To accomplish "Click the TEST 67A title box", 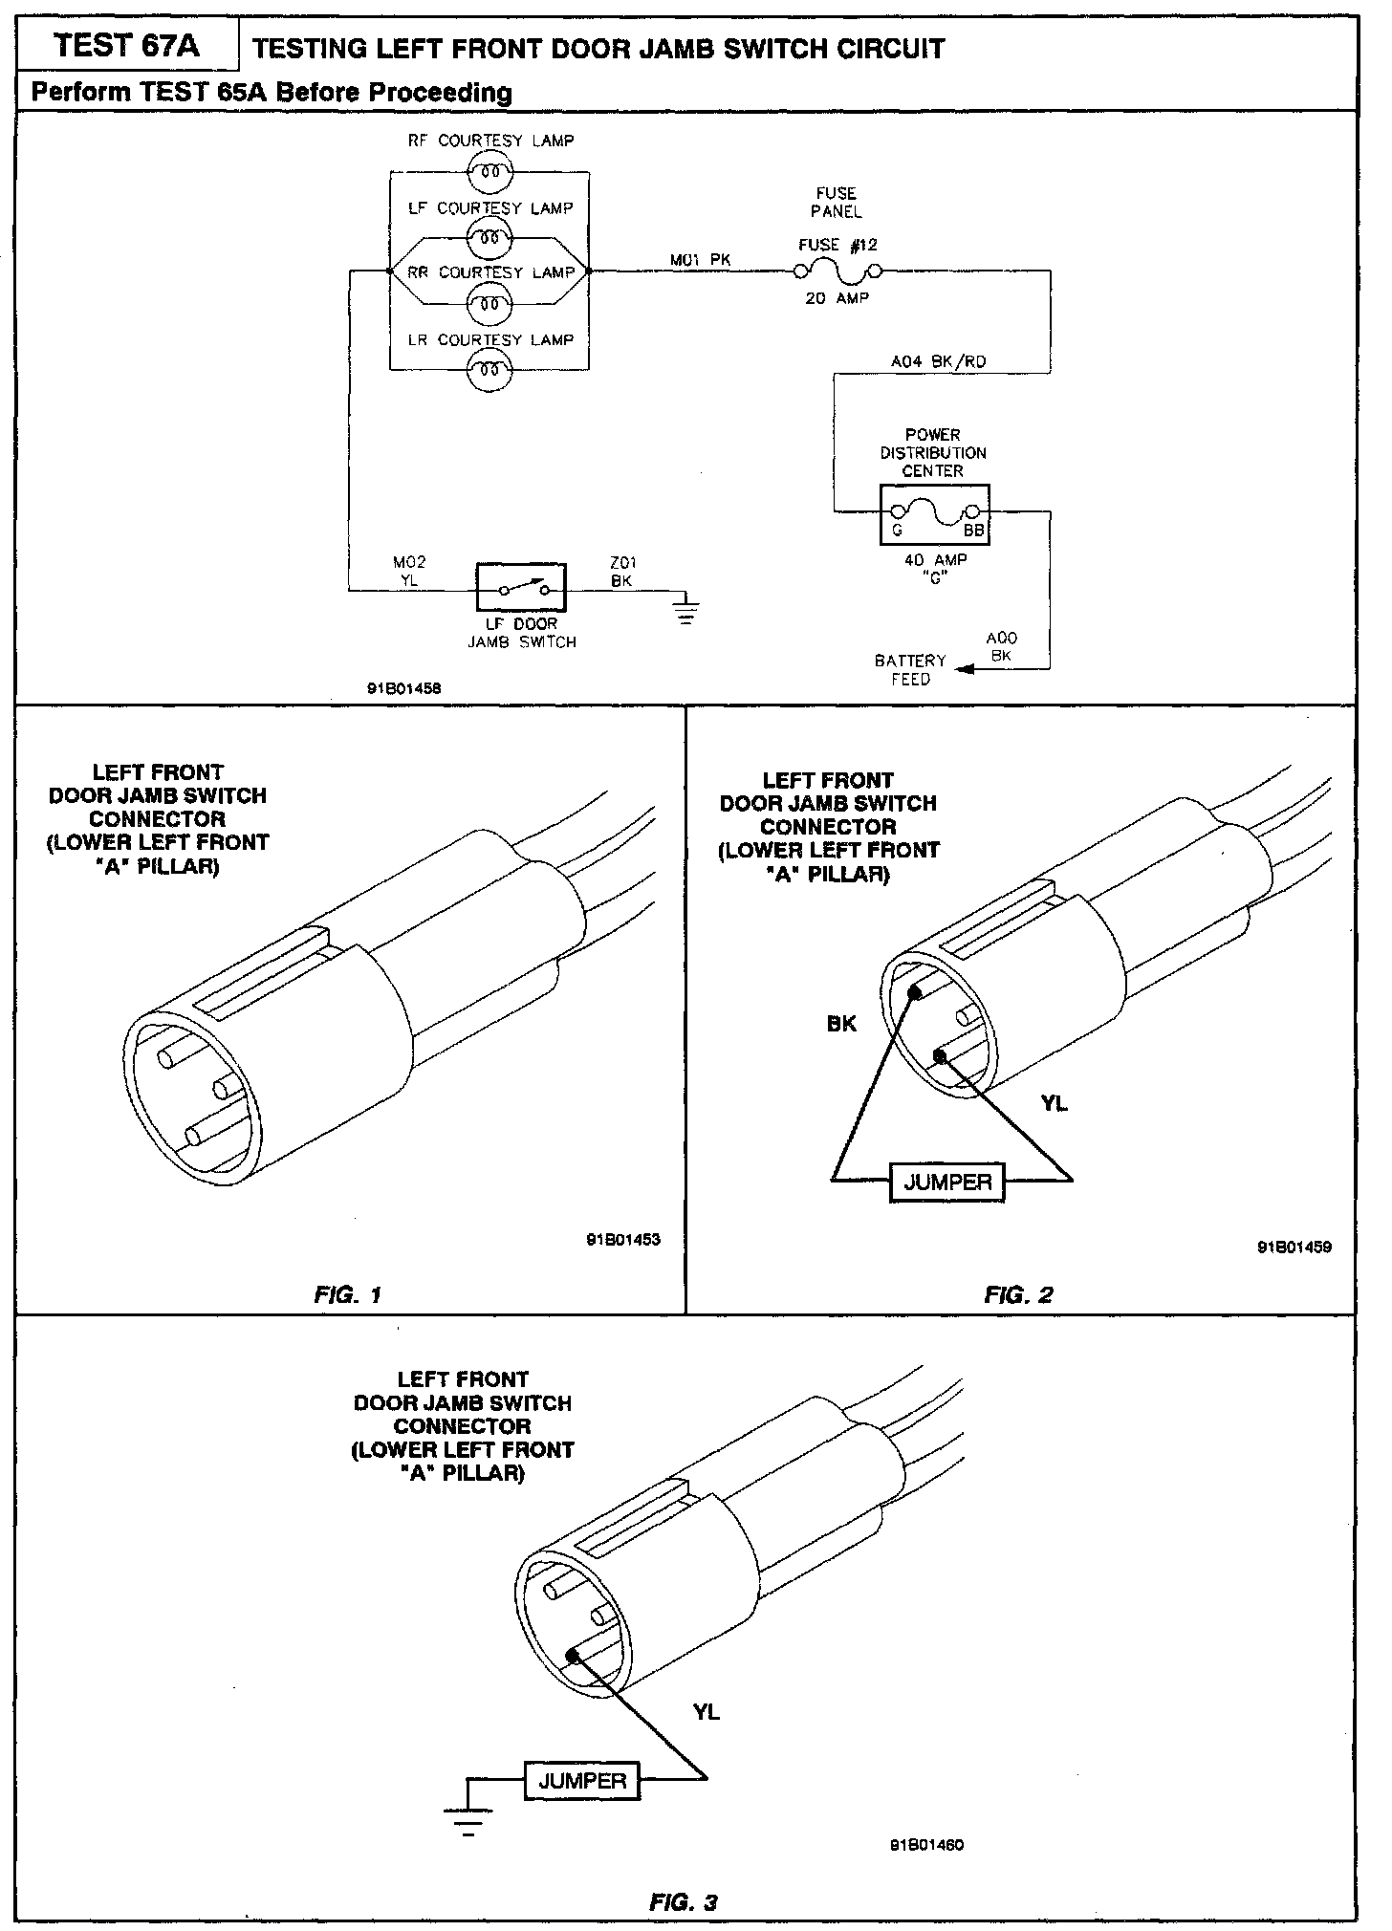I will click(x=127, y=47).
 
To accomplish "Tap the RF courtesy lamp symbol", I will click(x=490, y=172).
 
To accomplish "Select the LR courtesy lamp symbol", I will click(x=490, y=369).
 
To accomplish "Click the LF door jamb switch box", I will click(x=521, y=588).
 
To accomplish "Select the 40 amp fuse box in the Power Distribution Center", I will click(x=934, y=514).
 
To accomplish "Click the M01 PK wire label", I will click(x=700, y=259).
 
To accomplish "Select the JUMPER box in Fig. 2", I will click(x=947, y=1182).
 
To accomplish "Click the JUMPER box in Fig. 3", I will click(x=581, y=1781).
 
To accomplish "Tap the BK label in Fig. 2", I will click(x=841, y=1024).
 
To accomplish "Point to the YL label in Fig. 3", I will click(x=707, y=1712).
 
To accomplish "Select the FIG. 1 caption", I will click(x=348, y=1295).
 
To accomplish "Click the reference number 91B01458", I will click(x=402, y=687).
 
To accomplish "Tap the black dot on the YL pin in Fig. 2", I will click(x=941, y=1056).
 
